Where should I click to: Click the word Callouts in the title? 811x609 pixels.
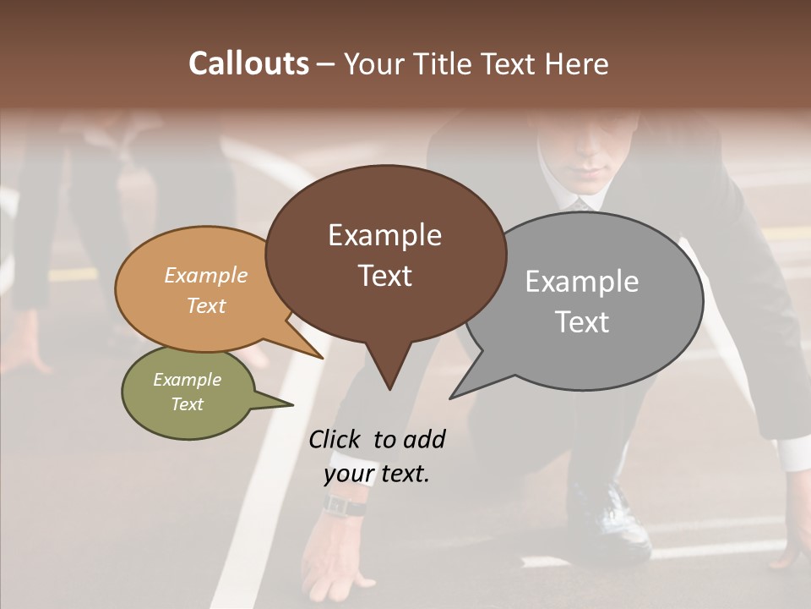tap(248, 63)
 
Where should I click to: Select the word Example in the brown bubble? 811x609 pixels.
tap(384, 235)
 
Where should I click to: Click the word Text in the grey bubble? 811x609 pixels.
tap(582, 322)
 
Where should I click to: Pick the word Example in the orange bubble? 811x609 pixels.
tap(205, 275)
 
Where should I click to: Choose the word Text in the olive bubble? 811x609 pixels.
tap(187, 404)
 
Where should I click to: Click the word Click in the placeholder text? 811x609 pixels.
tap(335, 439)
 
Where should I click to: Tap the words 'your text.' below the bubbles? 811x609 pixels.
tap(377, 474)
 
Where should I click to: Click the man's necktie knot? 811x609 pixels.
tap(580, 204)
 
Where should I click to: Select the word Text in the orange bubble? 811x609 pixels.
tap(205, 305)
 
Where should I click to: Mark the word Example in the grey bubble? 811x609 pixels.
tap(582, 282)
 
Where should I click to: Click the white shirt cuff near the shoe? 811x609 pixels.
tap(792, 453)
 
